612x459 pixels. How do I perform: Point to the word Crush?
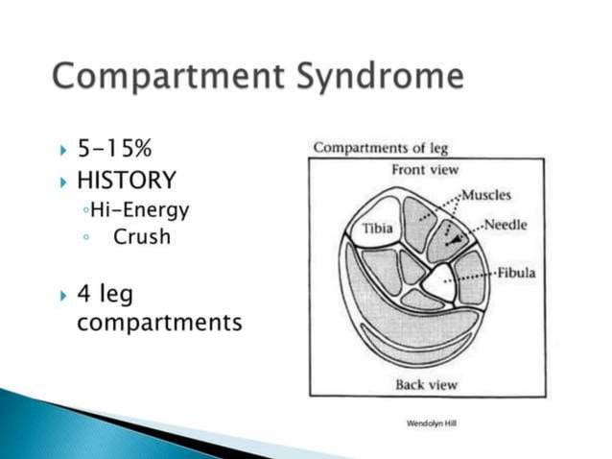pyautogui.click(x=141, y=236)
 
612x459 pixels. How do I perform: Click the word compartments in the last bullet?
pyautogui.click(x=158, y=322)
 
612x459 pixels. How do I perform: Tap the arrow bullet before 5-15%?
pyautogui.click(x=63, y=151)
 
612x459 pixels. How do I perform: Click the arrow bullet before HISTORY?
pyautogui.click(x=63, y=181)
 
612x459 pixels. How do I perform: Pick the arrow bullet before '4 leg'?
pyautogui.click(x=63, y=292)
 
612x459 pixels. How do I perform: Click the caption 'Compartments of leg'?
pyautogui.click(x=381, y=148)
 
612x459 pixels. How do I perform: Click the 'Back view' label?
pyautogui.click(x=427, y=385)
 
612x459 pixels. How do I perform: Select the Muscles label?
pyautogui.click(x=486, y=196)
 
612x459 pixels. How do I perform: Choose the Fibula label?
pyautogui.click(x=515, y=273)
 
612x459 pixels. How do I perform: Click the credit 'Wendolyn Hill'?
pyautogui.click(x=432, y=422)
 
